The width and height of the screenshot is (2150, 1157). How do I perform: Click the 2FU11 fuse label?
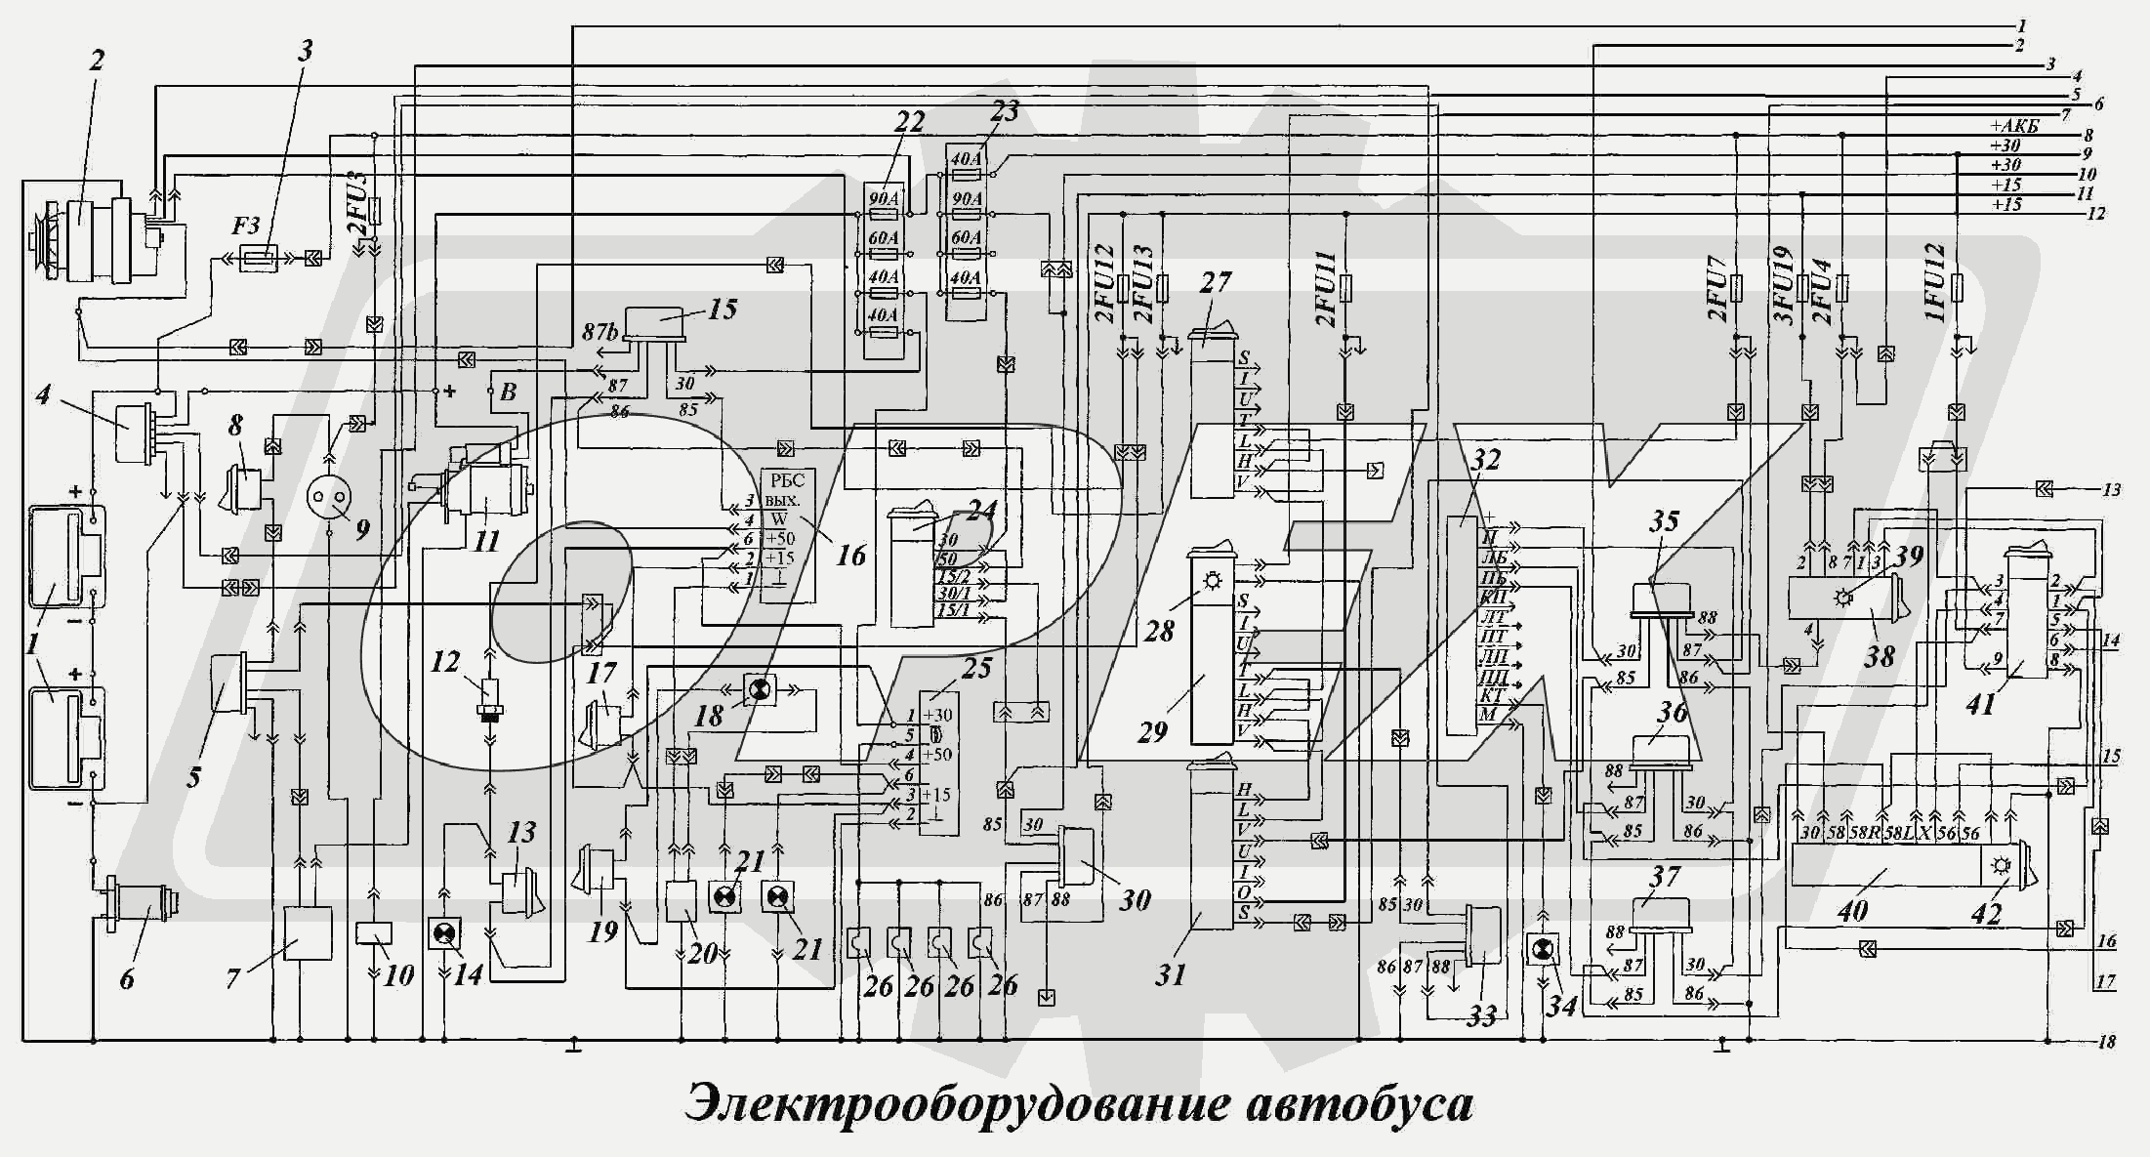[1324, 289]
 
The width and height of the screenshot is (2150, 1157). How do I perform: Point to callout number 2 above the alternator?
[96, 61]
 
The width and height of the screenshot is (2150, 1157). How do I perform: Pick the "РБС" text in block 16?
[787, 479]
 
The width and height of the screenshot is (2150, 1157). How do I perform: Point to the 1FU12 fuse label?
[1935, 283]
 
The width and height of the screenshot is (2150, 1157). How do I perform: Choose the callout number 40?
[1852, 911]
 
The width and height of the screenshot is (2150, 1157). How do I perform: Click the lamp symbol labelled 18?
[758, 689]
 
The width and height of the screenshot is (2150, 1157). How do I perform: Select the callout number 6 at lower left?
[127, 977]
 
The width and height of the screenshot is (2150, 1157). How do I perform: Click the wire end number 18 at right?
[2106, 1042]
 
